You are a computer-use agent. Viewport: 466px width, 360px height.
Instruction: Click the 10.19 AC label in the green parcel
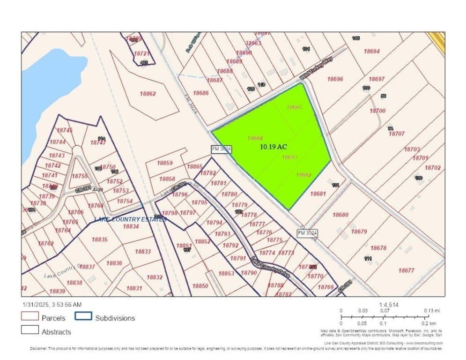click(x=273, y=147)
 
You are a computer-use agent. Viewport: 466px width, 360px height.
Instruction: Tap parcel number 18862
click(x=148, y=94)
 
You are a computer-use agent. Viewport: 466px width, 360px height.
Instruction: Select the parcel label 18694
click(x=371, y=52)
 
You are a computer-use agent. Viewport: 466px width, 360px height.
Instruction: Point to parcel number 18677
click(x=406, y=270)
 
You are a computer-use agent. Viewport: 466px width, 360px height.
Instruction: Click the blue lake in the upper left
click(x=47, y=89)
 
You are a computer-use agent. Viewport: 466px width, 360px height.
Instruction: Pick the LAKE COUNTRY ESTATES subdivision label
click(x=130, y=219)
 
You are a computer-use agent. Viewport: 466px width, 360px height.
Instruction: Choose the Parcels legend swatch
click(x=31, y=318)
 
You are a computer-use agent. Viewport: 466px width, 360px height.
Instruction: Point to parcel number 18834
click(x=131, y=226)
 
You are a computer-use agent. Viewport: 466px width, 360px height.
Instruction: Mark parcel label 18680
click(x=340, y=215)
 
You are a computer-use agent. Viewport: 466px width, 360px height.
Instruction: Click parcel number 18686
click(x=200, y=93)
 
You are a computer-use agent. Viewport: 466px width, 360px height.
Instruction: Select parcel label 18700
click(x=377, y=111)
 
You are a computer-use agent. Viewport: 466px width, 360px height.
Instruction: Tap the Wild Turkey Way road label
click(x=312, y=72)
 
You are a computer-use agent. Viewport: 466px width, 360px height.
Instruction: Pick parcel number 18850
click(x=200, y=286)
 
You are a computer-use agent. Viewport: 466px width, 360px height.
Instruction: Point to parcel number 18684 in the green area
click(x=255, y=138)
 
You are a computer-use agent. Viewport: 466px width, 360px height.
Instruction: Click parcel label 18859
click(x=165, y=163)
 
